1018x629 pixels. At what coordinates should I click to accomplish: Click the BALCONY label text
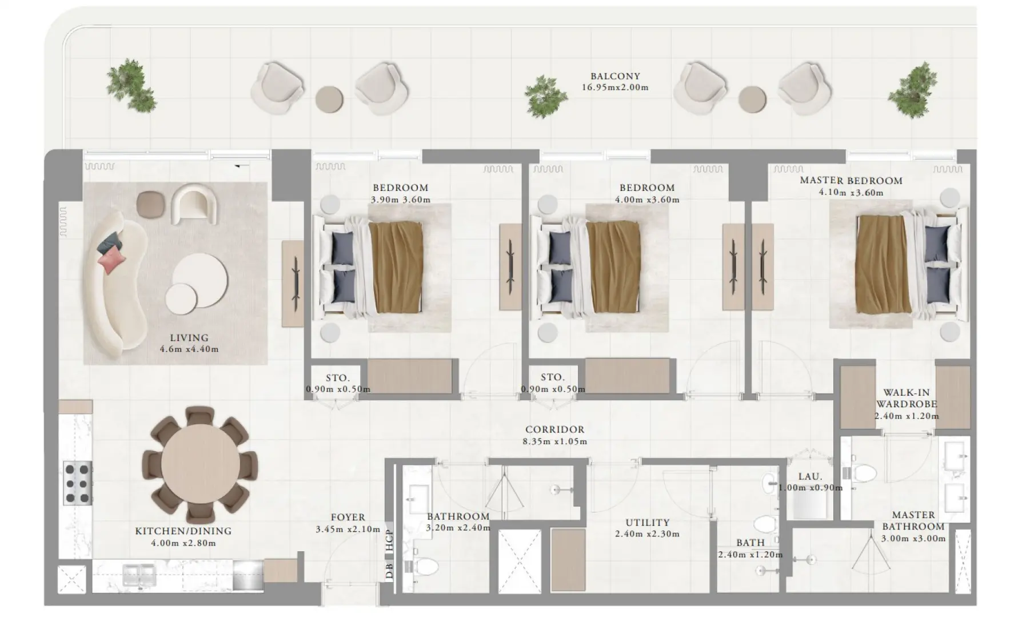pyautogui.click(x=615, y=76)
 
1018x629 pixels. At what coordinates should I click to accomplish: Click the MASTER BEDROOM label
pyautogui.click(x=851, y=181)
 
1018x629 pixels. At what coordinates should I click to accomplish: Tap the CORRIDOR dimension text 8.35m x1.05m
pyautogui.click(x=554, y=441)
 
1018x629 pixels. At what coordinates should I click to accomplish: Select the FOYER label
pyautogui.click(x=348, y=517)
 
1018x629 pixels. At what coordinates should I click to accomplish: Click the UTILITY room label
pyautogui.click(x=647, y=522)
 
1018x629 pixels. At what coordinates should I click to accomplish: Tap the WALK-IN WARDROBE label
pyautogui.click(x=907, y=398)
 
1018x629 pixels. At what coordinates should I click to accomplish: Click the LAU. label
pyautogui.click(x=810, y=476)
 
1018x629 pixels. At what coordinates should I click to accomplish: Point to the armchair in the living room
pyautogui.click(x=195, y=204)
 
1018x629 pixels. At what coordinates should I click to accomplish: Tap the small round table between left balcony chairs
pyautogui.click(x=330, y=98)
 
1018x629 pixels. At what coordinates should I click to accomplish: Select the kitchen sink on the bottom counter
pyautogui.click(x=139, y=573)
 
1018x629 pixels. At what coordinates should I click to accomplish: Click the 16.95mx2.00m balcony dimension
pyautogui.click(x=615, y=87)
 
